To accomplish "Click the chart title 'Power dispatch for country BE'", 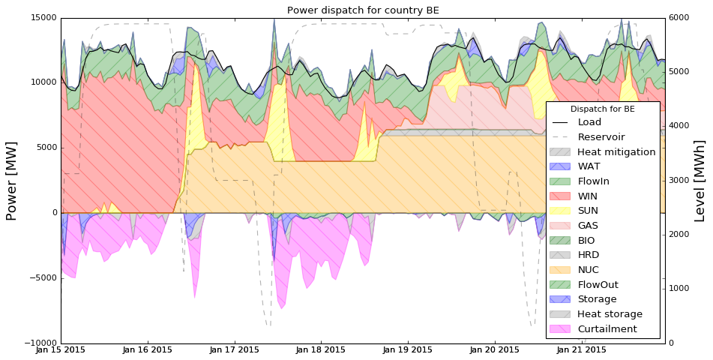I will point(363,10).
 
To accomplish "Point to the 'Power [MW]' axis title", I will point(12,181).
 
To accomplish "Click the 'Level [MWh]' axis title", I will point(700,181).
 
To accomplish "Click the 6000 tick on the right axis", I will point(682,18).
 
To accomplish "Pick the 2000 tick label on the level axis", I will point(682,235).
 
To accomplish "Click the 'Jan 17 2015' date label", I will point(234,350).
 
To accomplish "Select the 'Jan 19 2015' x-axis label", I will point(408,350).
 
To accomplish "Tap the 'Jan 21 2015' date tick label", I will point(581,350).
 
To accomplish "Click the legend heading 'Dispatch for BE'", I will point(603,109).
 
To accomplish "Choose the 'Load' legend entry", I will point(589,122).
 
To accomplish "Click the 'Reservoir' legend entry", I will point(601,137).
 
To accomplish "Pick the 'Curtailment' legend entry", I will point(607,329).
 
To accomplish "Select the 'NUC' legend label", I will point(588,270).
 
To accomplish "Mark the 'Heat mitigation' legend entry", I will point(616,151).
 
